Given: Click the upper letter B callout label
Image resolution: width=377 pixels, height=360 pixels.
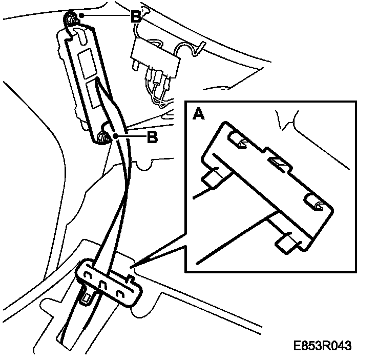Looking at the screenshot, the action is [135, 17].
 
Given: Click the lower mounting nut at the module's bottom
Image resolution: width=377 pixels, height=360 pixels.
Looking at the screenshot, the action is [102, 137].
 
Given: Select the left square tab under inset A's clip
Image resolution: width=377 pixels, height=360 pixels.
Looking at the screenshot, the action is [214, 177].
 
